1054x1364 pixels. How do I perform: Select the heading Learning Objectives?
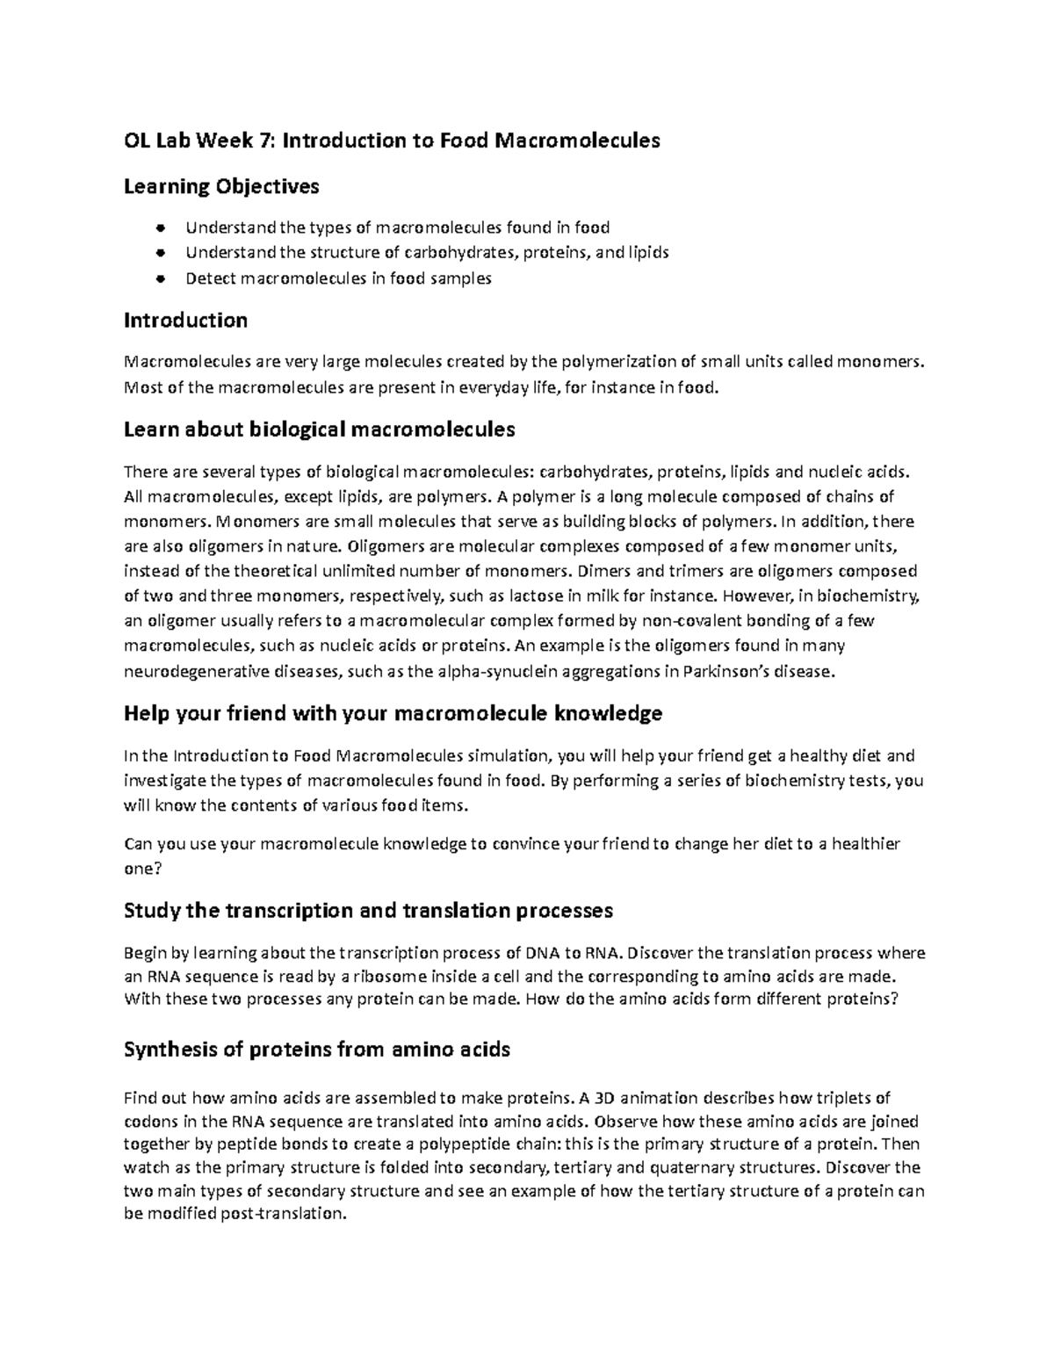point(221,186)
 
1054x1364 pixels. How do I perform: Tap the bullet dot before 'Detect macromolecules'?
point(160,279)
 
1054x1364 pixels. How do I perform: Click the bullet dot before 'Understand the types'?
point(160,228)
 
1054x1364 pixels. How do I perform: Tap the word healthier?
point(865,845)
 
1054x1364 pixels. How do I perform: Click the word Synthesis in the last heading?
point(170,1050)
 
